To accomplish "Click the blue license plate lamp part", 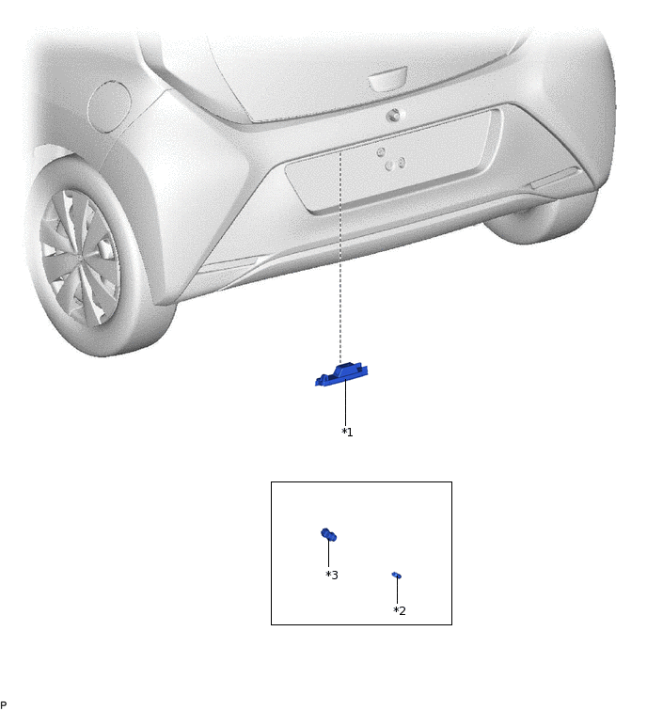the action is pyautogui.click(x=341, y=375).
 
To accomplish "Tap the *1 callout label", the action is pyautogui.click(x=347, y=432).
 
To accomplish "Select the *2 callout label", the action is pyautogui.click(x=400, y=610).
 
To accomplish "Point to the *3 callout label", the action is pyautogui.click(x=332, y=576).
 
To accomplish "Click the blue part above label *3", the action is pyautogui.click(x=329, y=535).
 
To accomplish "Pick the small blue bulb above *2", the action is pyautogui.click(x=397, y=576).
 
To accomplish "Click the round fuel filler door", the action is pyautogui.click(x=109, y=106).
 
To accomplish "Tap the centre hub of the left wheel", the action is pyautogui.click(x=82, y=257).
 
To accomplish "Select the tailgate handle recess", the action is pyautogui.click(x=387, y=79).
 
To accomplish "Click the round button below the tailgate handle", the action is pyautogui.click(x=394, y=116).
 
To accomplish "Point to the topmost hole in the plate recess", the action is pyautogui.click(x=381, y=151).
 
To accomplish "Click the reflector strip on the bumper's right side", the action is pyautogui.click(x=554, y=178).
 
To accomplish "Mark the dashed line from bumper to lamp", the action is pyautogui.click(x=340, y=257).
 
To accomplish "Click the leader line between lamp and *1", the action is pyautogui.click(x=345, y=402).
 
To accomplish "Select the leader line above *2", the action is pyautogui.click(x=397, y=590).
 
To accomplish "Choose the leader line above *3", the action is pyautogui.click(x=329, y=553).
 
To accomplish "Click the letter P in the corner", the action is pyautogui.click(x=3, y=704).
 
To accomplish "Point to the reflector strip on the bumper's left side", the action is pyautogui.click(x=228, y=265).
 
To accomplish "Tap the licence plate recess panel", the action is pyautogui.click(x=393, y=162).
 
